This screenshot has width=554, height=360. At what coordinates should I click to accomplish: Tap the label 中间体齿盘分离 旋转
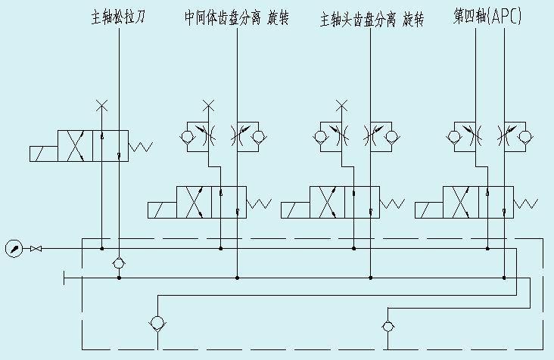pyautogui.click(x=236, y=17)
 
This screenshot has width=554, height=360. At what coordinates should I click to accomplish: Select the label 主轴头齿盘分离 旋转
pyautogui.click(x=372, y=18)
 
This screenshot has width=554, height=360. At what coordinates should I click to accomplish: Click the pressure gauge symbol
pyautogui.click(x=13, y=248)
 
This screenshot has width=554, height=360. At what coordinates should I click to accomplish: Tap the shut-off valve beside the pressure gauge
pyautogui.click(x=35, y=248)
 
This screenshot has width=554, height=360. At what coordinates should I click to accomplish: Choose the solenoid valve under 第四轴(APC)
pyautogui.click(x=478, y=203)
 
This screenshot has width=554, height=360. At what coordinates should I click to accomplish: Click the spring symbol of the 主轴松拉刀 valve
pyautogui.click(x=141, y=146)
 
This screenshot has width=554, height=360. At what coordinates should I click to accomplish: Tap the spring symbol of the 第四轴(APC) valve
pyautogui.click(x=525, y=203)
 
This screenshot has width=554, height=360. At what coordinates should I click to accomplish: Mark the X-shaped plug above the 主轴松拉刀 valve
pyautogui.click(x=102, y=104)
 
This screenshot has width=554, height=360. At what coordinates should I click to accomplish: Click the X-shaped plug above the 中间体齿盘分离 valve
pyautogui.click(x=210, y=104)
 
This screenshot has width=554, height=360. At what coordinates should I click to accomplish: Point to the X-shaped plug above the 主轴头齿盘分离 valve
pyautogui.click(x=342, y=104)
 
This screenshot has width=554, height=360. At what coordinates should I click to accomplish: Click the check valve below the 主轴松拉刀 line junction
pyautogui.click(x=119, y=262)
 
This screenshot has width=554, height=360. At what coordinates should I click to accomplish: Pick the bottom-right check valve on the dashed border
pyautogui.click(x=387, y=326)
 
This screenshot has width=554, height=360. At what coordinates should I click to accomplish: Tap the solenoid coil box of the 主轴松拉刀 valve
pyautogui.click(x=45, y=153)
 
